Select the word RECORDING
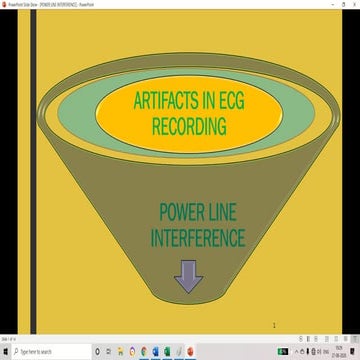point(189,126)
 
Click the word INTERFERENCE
point(198,239)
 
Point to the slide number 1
point(273,326)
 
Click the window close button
point(353,4)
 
